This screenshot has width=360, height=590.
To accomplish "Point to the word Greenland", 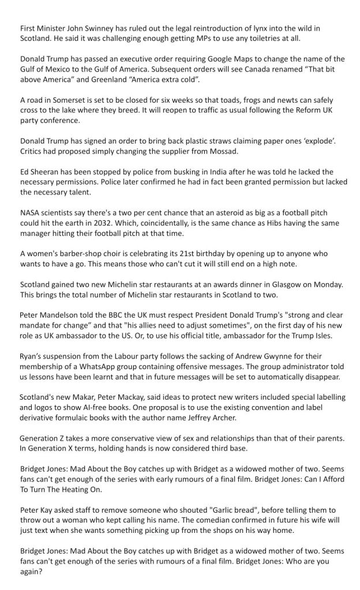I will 133,80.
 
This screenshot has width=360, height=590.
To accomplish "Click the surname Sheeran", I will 48,172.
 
